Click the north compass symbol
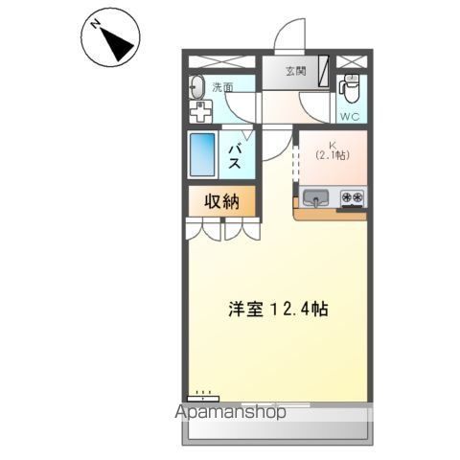(114, 39)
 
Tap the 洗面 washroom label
(222, 87)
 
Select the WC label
(351, 117)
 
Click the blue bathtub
(204, 154)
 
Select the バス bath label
(234, 156)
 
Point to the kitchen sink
(315, 199)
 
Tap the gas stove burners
(351, 199)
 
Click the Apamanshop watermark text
(230, 414)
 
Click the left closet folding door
(202, 229)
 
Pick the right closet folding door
(241, 229)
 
